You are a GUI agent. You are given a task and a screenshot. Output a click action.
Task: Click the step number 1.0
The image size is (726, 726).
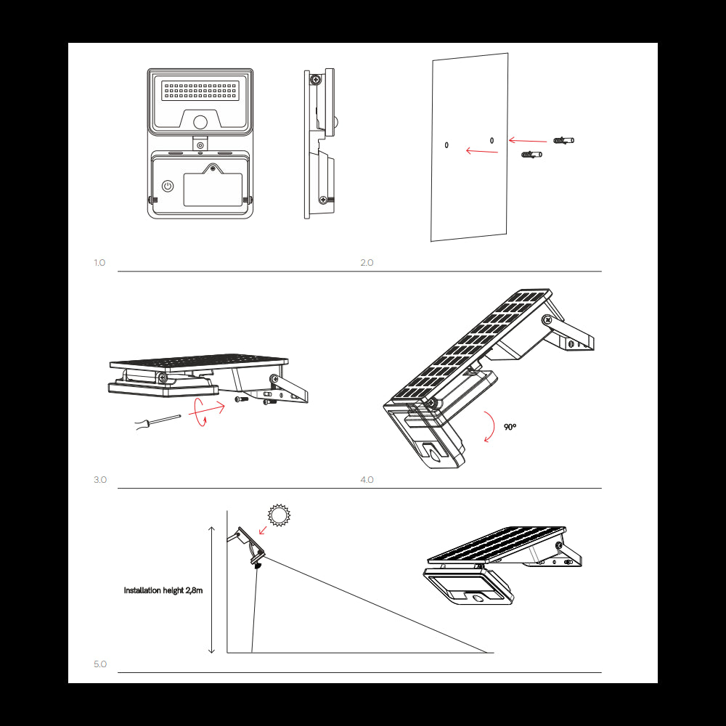[99, 263]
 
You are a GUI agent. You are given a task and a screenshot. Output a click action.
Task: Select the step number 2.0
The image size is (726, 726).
[367, 263]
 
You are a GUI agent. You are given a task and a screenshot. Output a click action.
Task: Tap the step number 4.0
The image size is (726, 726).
[367, 480]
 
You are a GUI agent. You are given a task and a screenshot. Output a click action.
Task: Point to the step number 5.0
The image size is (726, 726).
[99, 664]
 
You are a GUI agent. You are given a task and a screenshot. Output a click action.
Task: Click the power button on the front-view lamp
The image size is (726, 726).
[168, 186]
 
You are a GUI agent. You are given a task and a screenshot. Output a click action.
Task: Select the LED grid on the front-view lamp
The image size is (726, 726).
[200, 91]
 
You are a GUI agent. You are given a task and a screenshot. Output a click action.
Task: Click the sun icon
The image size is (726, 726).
[278, 515]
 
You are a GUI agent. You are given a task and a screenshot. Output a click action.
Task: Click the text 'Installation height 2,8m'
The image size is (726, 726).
[163, 591]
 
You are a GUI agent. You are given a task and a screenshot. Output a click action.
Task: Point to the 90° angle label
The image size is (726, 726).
[510, 427]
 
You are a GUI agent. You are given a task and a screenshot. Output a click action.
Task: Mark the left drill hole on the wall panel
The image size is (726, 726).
[446, 145]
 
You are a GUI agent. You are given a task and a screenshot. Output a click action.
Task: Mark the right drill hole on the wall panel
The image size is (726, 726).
[492, 140]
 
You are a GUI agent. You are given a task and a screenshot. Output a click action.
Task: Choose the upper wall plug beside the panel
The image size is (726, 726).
[563, 139]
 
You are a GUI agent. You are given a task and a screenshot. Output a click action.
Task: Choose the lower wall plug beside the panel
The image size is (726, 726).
[531, 154]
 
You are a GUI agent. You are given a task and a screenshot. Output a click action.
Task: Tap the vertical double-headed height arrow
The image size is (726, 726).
[211, 590]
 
